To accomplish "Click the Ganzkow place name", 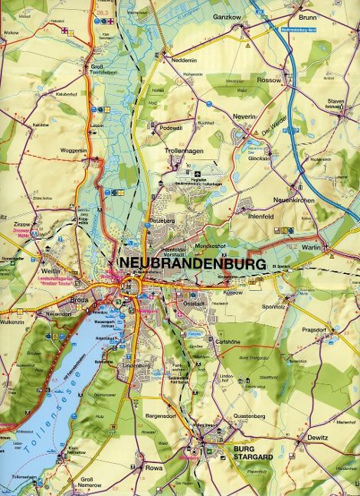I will point(227,16).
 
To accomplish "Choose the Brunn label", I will point(306,16).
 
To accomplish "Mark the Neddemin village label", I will point(185,60).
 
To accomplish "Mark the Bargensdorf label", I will point(159,416).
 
